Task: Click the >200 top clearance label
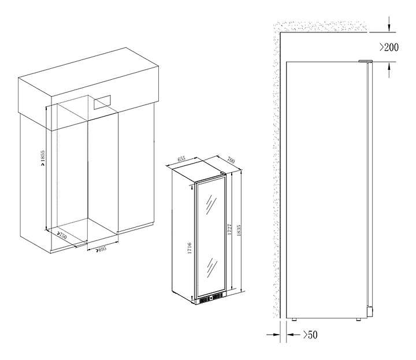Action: [389, 47]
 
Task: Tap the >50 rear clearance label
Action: [310, 335]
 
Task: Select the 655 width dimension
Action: [181, 159]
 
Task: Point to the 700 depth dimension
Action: [231, 159]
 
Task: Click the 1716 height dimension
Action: [190, 248]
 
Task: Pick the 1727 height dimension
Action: [230, 229]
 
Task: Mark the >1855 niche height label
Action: [43, 158]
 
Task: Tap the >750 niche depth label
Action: [62, 235]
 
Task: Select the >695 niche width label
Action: [101, 249]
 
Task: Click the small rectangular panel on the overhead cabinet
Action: [102, 102]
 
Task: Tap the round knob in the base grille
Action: [211, 298]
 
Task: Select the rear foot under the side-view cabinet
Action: [294, 320]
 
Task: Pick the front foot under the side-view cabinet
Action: [358, 320]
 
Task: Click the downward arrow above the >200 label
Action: [389, 24]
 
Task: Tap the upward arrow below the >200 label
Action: [389, 70]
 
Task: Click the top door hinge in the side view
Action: [365, 61]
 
